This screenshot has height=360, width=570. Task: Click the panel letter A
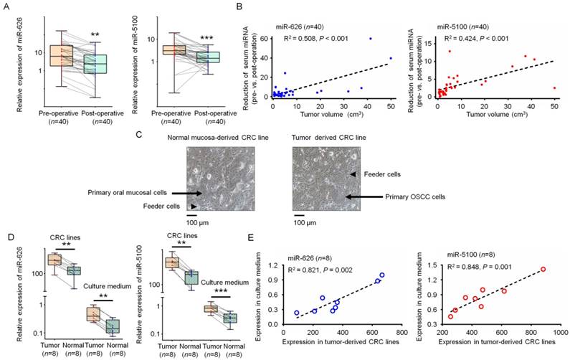click(7, 7)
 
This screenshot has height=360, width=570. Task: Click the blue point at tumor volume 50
click(391, 58)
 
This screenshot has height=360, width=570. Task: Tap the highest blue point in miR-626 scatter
click(371, 39)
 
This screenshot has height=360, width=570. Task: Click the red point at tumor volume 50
click(555, 87)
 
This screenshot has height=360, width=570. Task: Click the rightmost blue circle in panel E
click(382, 275)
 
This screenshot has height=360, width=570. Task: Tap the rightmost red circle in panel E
click(543, 269)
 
